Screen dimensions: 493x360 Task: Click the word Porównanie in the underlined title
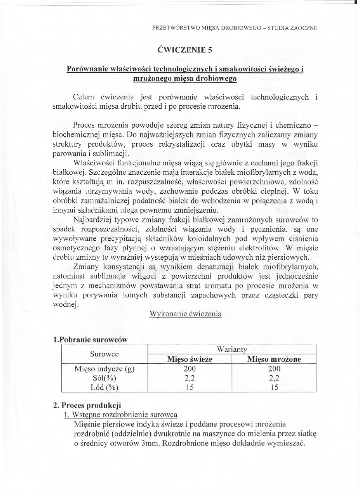[x=87, y=69]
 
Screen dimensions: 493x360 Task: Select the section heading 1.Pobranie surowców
[x=90, y=339]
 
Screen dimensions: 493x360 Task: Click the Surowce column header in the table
[x=104, y=354]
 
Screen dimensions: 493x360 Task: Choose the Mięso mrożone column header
[x=274, y=359]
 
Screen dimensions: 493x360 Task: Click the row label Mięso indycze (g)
[x=104, y=369]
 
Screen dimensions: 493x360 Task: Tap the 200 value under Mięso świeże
[x=190, y=369]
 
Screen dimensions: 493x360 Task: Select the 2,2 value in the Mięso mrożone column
[x=274, y=378]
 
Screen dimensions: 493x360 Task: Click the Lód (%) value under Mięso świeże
[x=190, y=387]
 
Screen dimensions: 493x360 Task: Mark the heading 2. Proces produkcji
[x=87, y=406]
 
